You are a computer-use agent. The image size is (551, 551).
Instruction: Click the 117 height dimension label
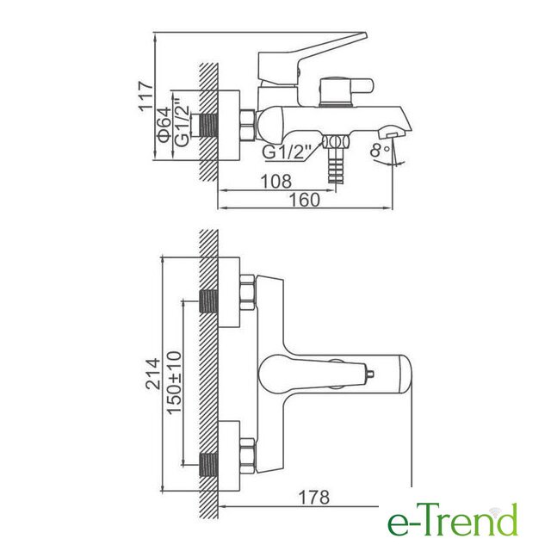point(146,96)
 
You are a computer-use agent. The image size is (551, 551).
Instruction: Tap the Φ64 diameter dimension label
point(164,124)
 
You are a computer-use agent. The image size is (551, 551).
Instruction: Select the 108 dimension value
point(275,182)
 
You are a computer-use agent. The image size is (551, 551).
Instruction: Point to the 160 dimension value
point(304,200)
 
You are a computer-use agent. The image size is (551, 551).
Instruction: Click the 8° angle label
point(380,151)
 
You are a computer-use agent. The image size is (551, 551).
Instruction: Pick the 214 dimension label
point(153,374)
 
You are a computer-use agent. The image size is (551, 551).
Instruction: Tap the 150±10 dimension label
point(174,382)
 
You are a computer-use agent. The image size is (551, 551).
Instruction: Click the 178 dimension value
point(313,498)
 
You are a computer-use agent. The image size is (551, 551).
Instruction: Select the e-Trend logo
point(453,520)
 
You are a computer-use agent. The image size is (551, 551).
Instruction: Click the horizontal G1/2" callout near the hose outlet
point(288,152)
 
